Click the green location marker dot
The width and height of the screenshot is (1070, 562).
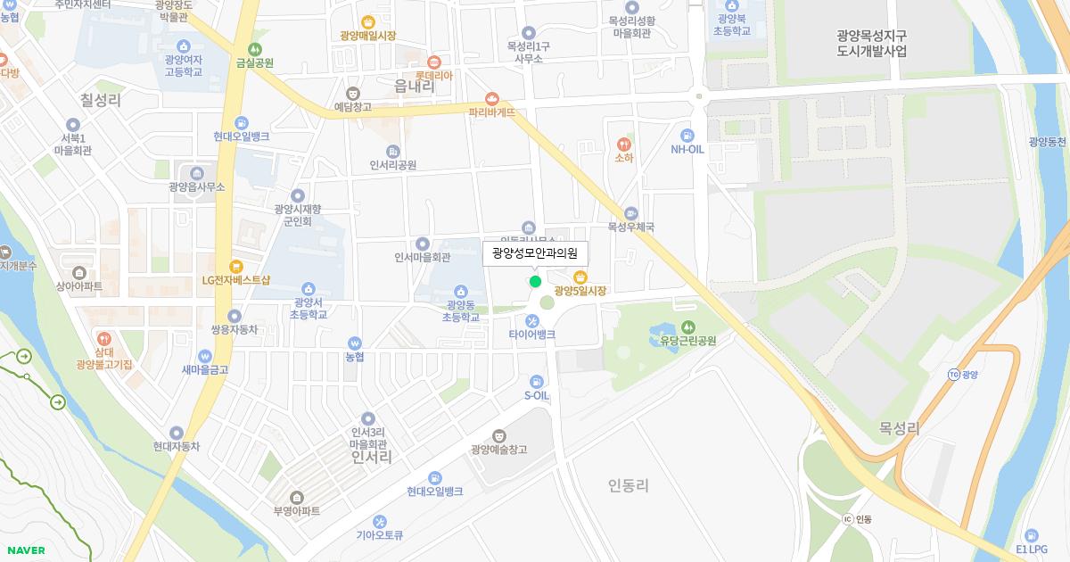point(535,281)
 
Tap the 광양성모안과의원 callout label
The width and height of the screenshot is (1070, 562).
point(535,253)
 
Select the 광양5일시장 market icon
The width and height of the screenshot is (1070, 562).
point(580,276)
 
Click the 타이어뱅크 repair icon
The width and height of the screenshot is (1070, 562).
point(532,320)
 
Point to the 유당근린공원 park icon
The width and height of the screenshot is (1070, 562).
point(687,326)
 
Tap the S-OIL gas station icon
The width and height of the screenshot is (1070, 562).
point(536,382)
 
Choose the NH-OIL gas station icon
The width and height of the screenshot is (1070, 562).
point(687,134)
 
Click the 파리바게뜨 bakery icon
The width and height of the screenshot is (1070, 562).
point(491,98)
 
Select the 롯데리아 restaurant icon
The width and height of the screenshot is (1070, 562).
point(433,62)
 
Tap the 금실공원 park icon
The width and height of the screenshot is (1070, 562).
point(255,48)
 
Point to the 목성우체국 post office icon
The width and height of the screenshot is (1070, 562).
point(631,213)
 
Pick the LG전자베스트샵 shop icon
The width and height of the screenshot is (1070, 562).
point(235,265)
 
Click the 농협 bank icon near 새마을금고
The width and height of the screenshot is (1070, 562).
point(355,343)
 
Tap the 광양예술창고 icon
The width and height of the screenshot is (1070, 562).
point(498,434)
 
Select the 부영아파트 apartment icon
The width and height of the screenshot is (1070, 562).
point(296,497)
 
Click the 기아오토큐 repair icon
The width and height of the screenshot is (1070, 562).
point(380,521)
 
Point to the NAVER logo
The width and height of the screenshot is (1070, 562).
point(26,550)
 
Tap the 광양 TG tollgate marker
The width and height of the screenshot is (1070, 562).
point(954,375)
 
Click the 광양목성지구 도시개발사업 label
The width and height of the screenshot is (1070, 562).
point(872,44)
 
